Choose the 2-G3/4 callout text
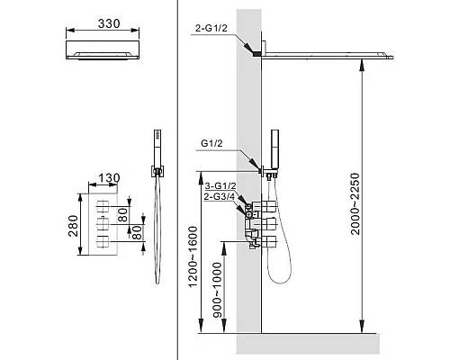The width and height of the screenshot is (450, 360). click(221, 196)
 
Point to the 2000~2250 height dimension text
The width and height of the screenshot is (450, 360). click(371, 203)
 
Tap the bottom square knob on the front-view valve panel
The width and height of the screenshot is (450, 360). click(104, 244)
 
